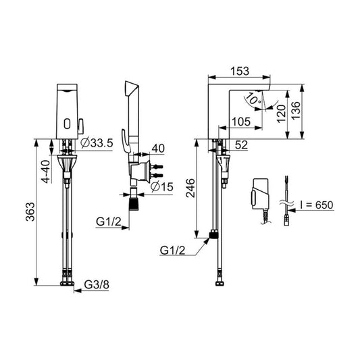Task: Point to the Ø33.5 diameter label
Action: [95, 143]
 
